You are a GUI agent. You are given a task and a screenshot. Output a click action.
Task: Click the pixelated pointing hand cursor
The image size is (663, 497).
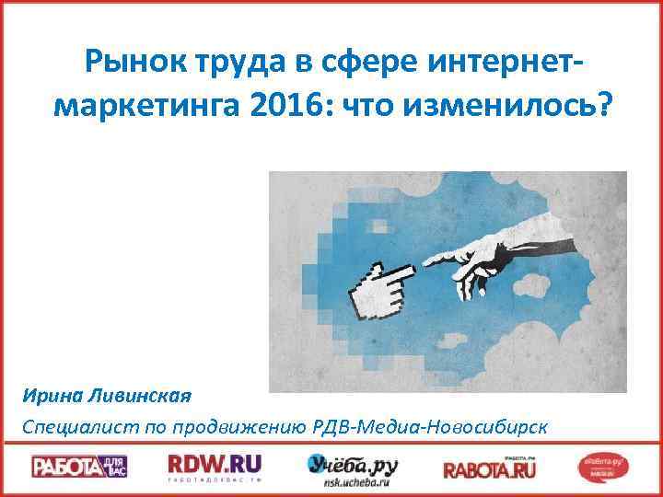(x=382, y=289)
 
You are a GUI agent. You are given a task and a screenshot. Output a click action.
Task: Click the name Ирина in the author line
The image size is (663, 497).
(x=53, y=396)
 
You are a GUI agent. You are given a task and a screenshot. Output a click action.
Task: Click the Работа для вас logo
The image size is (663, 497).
(x=79, y=467)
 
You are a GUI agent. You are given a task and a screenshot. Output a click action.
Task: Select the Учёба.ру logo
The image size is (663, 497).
(x=353, y=463)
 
